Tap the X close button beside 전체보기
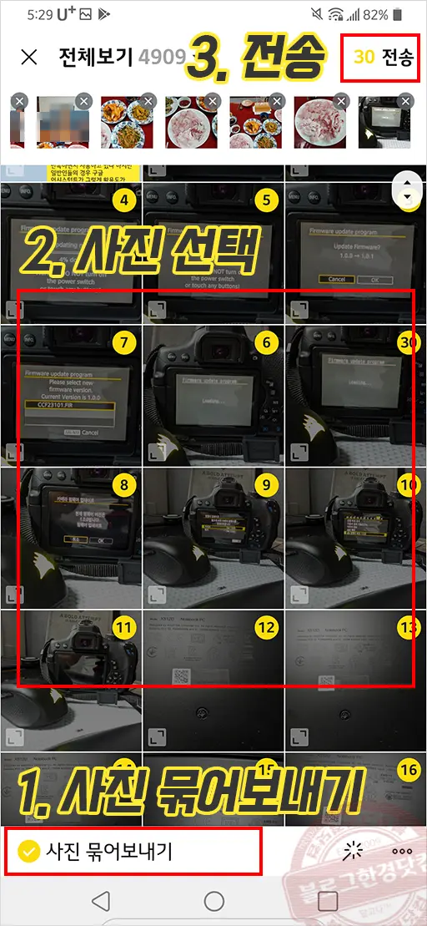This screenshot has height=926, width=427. click(x=29, y=57)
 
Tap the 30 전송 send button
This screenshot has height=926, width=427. click(x=380, y=57)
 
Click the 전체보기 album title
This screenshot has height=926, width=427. click(x=95, y=57)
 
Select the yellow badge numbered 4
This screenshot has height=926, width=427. click(x=123, y=200)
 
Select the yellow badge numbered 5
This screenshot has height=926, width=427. click(x=266, y=200)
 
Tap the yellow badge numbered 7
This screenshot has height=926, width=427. click(x=123, y=343)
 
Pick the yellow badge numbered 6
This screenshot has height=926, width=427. click(x=266, y=343)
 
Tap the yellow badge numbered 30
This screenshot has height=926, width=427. click(x=409, y=343)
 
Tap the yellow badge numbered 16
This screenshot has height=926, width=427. click(x=409, y=770)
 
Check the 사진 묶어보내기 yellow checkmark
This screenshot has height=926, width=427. click(x=28, y=851)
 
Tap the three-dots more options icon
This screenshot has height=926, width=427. click(x=402, y=851)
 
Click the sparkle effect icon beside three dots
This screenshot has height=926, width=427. click(x=354, y=851)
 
